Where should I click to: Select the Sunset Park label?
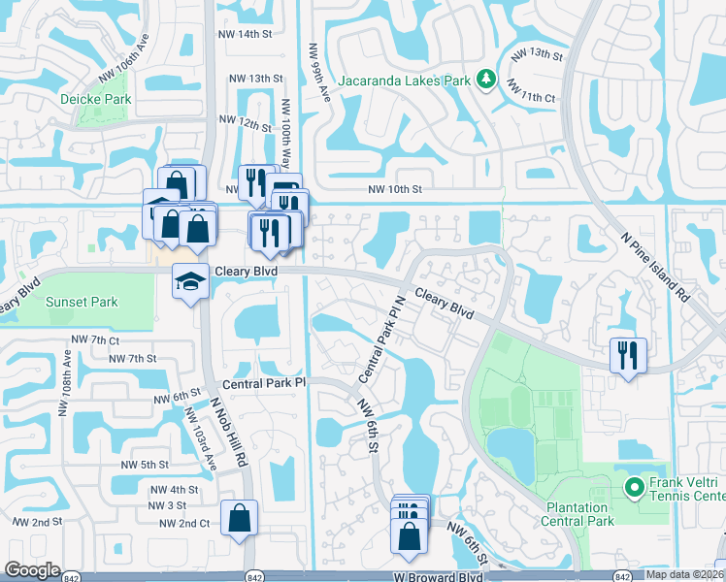(x=82, y=302)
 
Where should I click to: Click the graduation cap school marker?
(x=188, y=282)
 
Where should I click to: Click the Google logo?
(x=32, y=570)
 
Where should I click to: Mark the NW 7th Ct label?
(x=95, y=340)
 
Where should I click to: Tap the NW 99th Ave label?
(x=313, y=70)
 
